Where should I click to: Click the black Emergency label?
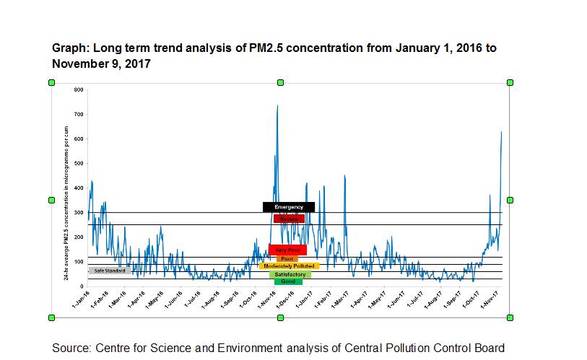[288, 207]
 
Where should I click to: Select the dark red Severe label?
[289, 219]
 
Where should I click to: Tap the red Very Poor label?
[287, 250]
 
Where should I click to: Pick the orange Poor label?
[287, 258]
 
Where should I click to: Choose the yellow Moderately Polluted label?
[289, 266]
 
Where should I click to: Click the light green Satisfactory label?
[290, 275]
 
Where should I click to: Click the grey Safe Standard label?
[109, 271]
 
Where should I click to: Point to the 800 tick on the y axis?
[79, 89]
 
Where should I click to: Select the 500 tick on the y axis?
[79, 163]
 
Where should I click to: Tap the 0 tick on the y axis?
[82, 286]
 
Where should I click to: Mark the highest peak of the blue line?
[277, 105]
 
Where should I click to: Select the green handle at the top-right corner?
[510, 83]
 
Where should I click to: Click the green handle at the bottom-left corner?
[51, 317]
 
